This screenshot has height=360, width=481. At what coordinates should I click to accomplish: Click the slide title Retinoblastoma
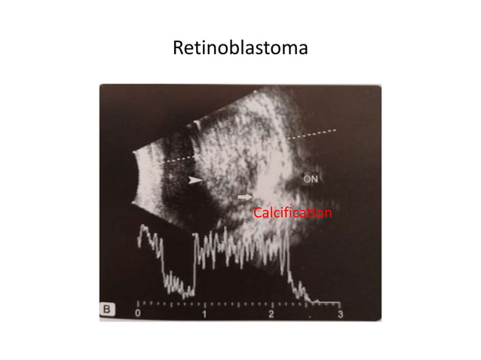[x=240, y=50]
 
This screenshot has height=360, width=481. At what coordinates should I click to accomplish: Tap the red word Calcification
[x=292, y=214]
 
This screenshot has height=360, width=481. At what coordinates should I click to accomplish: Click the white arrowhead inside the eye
[x=196, y=181]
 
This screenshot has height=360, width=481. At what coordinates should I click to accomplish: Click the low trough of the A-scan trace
[x=177, y=286]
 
